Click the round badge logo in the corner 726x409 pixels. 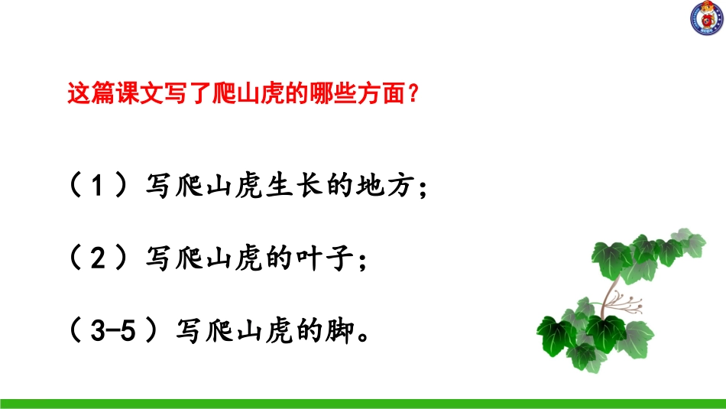707,18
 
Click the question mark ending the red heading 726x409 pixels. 413,95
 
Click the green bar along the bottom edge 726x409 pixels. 363,403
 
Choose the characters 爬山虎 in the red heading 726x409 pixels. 243,95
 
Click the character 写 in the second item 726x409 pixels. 156,260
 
